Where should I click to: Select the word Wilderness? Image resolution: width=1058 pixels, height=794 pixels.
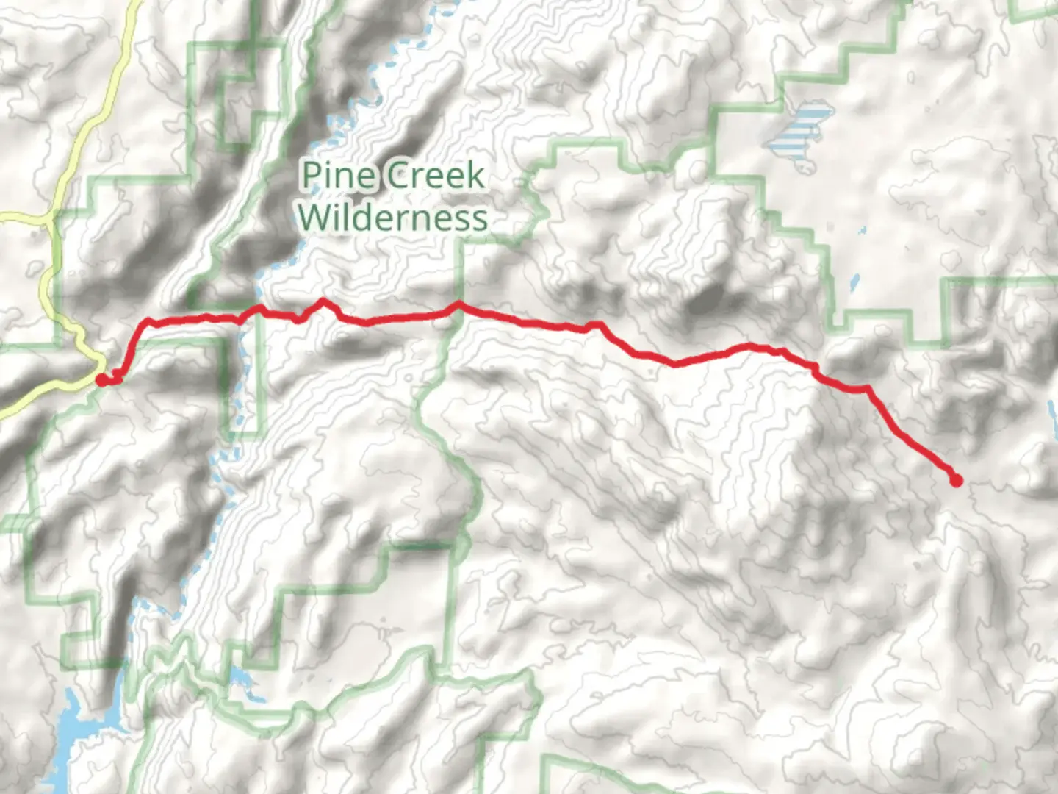click(x=393, y=218)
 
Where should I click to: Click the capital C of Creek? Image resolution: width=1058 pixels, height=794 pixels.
click(x=399, y=176)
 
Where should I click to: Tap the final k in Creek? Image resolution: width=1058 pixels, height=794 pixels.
click(x=476, y=176)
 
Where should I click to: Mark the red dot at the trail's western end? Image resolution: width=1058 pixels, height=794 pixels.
click(x=101, y=379)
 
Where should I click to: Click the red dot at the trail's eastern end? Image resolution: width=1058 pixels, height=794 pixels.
click(x=957, y=481)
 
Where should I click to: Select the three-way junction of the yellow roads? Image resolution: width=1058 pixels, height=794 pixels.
click(x=49, y=218)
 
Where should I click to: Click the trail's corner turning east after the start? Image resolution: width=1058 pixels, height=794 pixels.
click(x=148, y=321)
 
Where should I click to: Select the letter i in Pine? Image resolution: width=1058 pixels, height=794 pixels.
click(x=328, y=176)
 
